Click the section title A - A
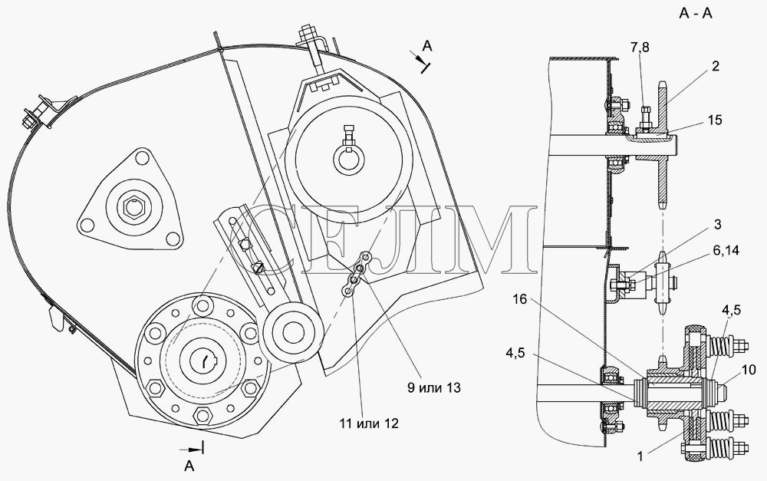coord(695,13)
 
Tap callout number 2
coord(715,66)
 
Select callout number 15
coord(715,120)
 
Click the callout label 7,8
coord(640,48)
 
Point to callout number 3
coord(718,225)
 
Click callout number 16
coord(520,299)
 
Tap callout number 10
coord(749,370)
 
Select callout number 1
coord(640,456)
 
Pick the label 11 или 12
coord(369,423)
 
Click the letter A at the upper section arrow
coord(427,46)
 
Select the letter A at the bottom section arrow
coord(189,466)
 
